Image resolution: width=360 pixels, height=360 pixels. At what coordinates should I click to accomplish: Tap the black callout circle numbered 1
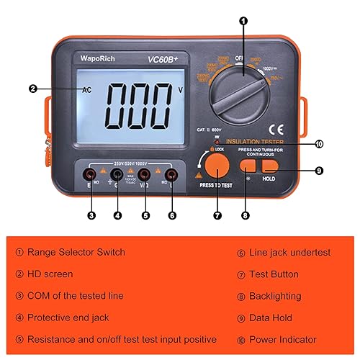[x=243, y=22]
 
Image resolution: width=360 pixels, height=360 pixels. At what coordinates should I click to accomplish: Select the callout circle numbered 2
[x=33, y=89]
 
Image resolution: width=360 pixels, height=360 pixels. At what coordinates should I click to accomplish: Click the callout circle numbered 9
[x=319, y=171]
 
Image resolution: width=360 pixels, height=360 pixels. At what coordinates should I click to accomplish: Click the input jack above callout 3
[x=91, y=174]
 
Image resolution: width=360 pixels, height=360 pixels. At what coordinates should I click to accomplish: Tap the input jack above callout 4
[x=117, y=174]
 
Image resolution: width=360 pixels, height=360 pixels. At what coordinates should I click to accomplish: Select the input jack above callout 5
[x=145, y=174]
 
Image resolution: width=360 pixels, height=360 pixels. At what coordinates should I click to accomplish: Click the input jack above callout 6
[x=171, y=174]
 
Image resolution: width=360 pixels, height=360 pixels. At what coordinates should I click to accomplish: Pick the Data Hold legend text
[x=272, y=317]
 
